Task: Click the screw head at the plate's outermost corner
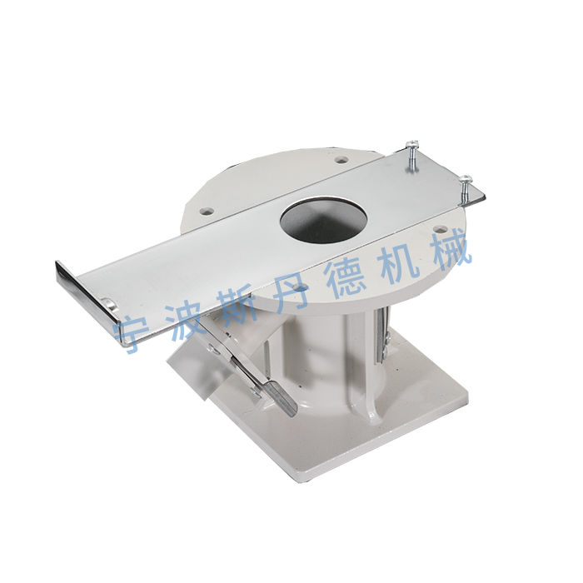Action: (x=466, y=179)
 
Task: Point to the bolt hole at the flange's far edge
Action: (x=341, y=160)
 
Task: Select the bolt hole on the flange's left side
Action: (x=207, y=212)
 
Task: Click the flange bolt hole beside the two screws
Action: (x=441, y=229)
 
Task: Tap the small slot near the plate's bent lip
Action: (x=109, y=304)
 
